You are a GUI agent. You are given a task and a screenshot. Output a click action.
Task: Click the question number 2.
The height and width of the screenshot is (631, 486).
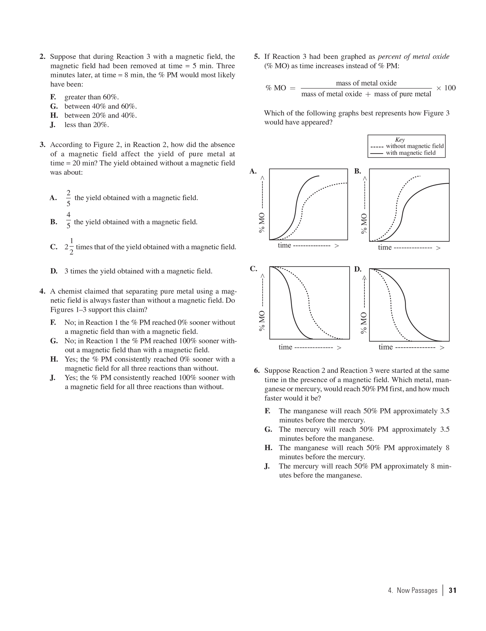42,57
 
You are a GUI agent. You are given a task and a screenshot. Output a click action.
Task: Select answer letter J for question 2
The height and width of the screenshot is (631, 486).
52,125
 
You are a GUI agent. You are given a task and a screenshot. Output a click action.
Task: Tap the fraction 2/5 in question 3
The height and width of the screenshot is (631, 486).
68,198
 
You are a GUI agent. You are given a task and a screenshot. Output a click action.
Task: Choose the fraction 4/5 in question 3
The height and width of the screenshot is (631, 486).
68,220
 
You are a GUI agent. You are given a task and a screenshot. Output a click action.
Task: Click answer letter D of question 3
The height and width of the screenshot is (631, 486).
54,271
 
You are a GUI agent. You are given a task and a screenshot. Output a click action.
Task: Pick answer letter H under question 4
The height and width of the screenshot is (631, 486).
54,359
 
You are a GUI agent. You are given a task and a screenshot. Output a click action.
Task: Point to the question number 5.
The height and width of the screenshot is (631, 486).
257,57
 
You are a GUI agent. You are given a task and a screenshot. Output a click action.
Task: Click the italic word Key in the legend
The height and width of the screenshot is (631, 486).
400,140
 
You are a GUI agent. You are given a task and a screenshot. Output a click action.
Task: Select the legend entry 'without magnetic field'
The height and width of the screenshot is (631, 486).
414,146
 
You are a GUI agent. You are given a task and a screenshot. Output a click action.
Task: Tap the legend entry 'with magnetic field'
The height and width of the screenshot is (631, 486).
410,153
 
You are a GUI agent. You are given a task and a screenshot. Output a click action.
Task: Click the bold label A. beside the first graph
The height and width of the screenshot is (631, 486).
253,171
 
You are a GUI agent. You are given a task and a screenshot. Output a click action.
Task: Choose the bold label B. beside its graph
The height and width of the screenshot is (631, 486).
358,171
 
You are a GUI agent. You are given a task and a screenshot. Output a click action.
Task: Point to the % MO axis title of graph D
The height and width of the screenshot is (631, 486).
364,323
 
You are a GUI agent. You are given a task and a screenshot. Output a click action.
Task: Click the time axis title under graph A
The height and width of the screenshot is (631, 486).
284,245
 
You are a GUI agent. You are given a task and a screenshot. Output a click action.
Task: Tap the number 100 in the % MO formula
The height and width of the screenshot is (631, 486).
450,88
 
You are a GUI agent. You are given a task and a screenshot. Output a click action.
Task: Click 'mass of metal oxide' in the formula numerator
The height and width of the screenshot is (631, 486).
366,83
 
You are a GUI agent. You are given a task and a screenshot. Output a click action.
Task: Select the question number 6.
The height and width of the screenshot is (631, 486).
257,371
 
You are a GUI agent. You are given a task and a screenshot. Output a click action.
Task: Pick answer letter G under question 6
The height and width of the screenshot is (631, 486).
268,430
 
